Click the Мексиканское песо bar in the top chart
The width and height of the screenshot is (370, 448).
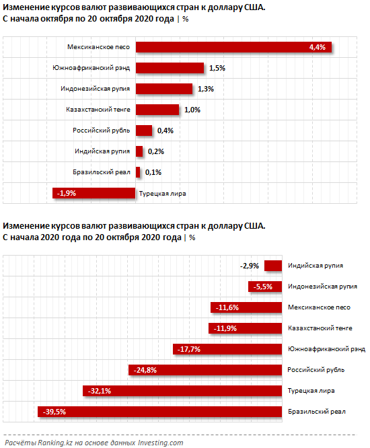233,47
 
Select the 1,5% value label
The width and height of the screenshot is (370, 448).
217,68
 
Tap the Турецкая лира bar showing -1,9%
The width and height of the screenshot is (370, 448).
94,193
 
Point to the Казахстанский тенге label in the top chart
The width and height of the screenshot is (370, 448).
98,110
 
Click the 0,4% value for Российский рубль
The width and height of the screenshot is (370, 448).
165,130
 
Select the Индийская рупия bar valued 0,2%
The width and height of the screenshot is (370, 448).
139,151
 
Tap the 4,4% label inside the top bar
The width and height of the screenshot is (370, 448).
317,47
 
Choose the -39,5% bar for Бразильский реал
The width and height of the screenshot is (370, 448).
159,412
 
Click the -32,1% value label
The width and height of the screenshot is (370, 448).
100,391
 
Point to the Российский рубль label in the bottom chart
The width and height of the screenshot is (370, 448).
316,370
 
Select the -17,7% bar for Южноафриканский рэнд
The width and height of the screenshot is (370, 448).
227,349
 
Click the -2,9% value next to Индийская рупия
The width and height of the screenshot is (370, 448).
250,266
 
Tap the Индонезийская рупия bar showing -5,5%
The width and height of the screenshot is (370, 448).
265,287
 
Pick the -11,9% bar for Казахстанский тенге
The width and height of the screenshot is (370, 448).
245,328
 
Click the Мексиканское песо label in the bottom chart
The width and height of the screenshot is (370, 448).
319,307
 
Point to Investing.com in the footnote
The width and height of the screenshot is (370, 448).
161,443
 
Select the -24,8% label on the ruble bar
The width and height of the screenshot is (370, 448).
145,370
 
